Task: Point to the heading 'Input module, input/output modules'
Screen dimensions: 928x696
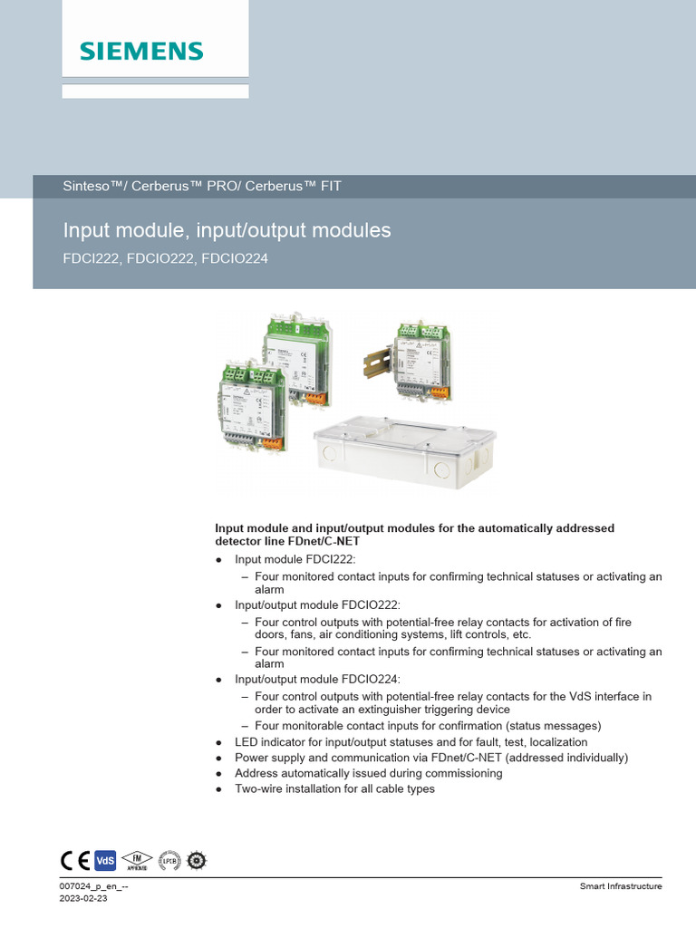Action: (x=227, y=230)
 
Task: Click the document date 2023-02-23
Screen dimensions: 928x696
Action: (x=83, y=898)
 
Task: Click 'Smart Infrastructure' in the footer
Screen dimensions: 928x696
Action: (x=620, y=886)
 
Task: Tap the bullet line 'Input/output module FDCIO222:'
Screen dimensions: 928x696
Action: (x=317, y=604)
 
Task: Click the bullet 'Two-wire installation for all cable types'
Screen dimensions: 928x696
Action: (x=334, y=789)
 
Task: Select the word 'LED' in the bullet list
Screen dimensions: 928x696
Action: (x=246, y=742)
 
